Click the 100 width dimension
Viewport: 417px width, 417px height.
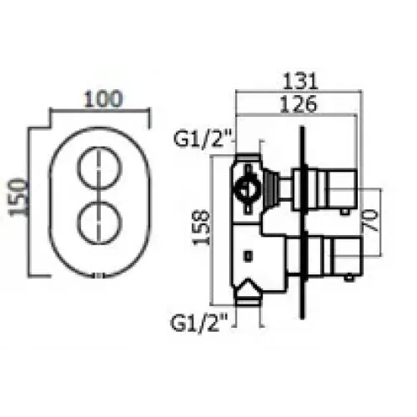coord(100,98)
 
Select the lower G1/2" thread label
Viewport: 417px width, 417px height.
coord(199,319)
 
